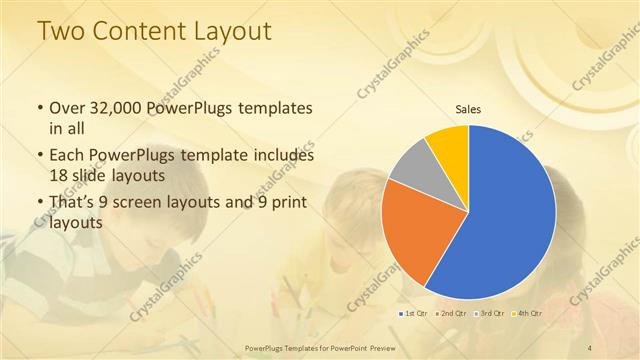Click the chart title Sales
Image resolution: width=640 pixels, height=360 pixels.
pyautogui.click(x=468, y=108)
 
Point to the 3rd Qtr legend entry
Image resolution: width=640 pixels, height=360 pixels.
pyautogui.click(x=492, y=313)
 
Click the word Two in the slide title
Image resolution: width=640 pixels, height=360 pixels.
pyautogui.click(x=61, y=32)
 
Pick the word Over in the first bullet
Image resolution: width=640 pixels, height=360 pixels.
pyautogui.click(x=69, y=108)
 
